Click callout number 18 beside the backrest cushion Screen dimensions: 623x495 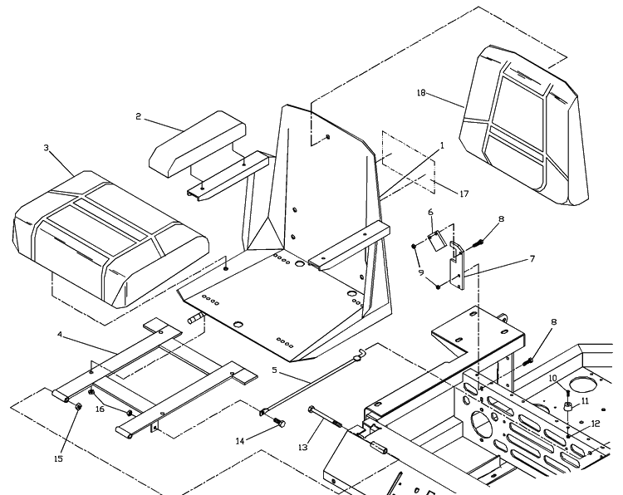click(x=421, y=92)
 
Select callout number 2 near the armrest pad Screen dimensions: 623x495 click(x=138, y=116)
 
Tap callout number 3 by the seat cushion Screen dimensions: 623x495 click(x=46, y=148)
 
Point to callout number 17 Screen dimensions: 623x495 click(x=464, y=194)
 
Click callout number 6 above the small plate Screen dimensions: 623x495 click(x=430, y=212)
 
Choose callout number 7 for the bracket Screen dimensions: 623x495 click(x=532, y=259)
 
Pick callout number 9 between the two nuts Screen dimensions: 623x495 click(x=421, y=272)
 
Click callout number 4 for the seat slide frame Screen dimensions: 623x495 click(x=60, y=335)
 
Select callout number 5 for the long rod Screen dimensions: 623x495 click(x=274, y=370)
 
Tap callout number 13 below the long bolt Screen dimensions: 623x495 click(x=302, y=448)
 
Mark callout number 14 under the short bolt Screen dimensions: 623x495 click(x=240, y=441)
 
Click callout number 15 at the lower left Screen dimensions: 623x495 click(x=58, y=458)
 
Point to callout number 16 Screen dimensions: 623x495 click(x=100, y=409)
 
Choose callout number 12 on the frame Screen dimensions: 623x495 click(x=595, y=424)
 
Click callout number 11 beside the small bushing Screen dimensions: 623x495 click(x=585, y=401)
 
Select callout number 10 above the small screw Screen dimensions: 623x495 click(x=553, y=378)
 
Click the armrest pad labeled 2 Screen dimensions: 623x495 click(x=198, y=144)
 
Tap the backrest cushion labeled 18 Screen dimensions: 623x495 click(x=523, y=125)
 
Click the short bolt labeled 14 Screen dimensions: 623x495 click(x=279, y=422)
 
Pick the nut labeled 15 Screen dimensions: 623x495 click(x=79, y=406)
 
